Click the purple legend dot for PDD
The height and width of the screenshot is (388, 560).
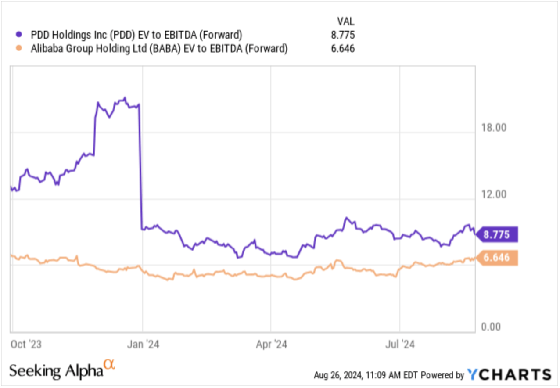pyautogui.click(x=18, y=34)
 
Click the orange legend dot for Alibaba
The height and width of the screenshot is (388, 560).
pyautogui.click(x=18, y=49)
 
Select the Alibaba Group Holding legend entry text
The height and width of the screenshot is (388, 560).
pyautogui.click(x=159, y=49)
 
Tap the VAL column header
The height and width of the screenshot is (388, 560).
pyautogui.click(x=345, y=21)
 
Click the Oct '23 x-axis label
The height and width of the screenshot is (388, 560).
pyautogui.click(x=25, y=344)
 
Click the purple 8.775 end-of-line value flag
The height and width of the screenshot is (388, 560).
pyautogui.click(x=497, y=235)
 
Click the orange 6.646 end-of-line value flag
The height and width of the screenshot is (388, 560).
pyautogui.click(x=497, y=258)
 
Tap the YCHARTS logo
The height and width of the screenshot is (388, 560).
pyautogui.click(x=509, y=374)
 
